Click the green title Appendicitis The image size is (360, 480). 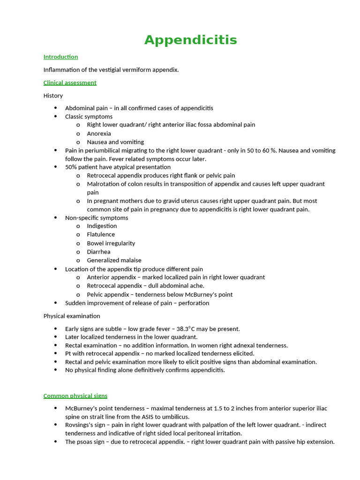[190, 40]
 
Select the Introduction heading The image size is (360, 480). [60, 57]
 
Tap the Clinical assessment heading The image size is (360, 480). [70, 82]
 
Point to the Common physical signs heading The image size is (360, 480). [75, 396]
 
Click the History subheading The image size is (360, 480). [53, 96]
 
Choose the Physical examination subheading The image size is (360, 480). [72, 316]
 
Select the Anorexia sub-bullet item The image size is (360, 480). [99, 134]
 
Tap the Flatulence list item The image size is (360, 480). [101, 234]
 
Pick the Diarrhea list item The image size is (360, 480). [98, 252]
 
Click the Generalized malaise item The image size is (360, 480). [114, 260]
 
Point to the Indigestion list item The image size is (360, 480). [102, 226]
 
